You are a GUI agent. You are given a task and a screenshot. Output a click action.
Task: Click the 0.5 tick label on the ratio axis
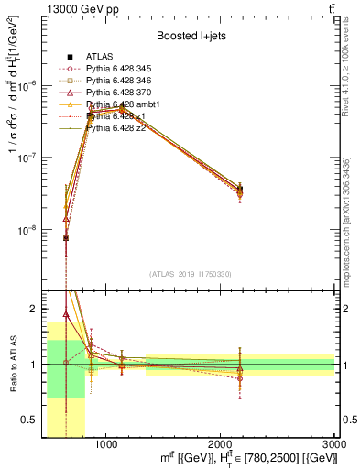(30, 420)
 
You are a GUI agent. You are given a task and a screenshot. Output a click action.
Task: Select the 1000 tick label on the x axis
(105, 445)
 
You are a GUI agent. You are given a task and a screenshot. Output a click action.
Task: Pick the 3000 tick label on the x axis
(334, 445)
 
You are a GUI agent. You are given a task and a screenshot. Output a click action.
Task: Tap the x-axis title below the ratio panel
(262, 459)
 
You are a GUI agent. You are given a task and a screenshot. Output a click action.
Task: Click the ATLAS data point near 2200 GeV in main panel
(239, 190)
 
